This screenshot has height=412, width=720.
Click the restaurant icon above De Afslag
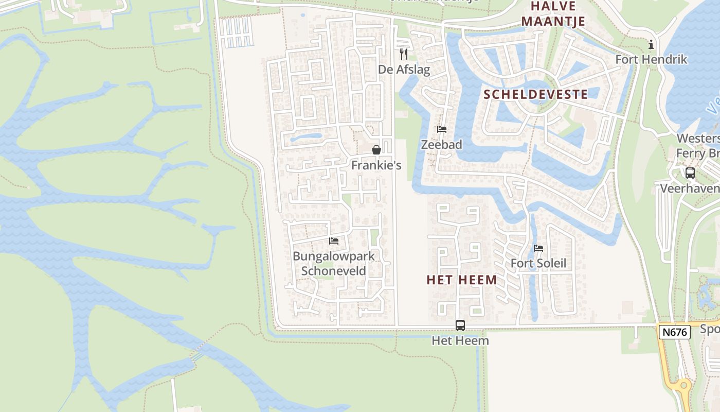click(404, 54)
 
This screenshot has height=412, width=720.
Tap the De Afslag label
click(404, 69)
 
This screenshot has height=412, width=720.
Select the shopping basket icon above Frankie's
click(376, 150)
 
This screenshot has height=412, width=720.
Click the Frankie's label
click(376, 165)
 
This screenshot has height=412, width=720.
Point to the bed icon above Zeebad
click(442, 129)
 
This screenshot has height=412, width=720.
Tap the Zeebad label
click(442, 145)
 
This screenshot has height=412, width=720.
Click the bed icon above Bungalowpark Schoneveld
click(334, 241)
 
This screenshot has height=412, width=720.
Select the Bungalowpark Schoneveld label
click(334, 264)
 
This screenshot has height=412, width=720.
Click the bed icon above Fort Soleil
click(538, 248)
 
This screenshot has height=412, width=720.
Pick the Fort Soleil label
click(538, 264)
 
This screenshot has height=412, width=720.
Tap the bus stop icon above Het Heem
click(460, 325)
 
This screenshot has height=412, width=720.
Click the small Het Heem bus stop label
click(460, 340)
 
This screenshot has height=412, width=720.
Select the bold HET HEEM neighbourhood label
click(462, 280)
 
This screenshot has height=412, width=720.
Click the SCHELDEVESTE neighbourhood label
click(535, 94)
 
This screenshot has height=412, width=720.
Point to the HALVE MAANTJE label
click(558, 13)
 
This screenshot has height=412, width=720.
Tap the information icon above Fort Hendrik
click(651, 45)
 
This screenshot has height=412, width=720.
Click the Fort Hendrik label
click(651, 60)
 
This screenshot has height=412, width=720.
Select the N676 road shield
click(674, 332)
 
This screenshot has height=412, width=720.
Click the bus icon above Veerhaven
click(690, 173)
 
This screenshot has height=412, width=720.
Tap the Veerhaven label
click(690, 188)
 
